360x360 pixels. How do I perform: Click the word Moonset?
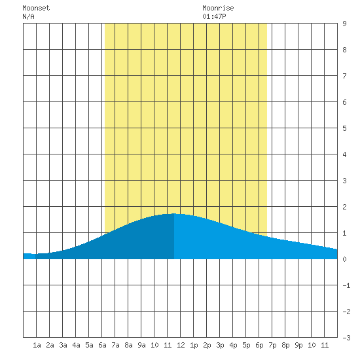36,8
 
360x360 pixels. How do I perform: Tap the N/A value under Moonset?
28,16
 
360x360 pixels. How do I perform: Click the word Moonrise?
218,8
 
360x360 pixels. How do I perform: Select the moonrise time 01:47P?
214,16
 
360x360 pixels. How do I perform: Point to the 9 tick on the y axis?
344,24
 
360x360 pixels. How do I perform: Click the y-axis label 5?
344,128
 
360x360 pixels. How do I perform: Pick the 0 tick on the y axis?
344,259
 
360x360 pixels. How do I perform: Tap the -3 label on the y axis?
346,338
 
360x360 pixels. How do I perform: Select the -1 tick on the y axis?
346,285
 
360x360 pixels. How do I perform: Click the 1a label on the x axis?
37,345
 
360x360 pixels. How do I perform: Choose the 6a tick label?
102,345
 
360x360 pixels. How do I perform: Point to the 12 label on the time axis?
181,345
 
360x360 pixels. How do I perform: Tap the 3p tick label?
220,345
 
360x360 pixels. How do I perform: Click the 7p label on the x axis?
272,345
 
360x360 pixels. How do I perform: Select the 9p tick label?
298,345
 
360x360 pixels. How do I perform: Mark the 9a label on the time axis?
141,345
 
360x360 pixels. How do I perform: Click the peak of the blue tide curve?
174,214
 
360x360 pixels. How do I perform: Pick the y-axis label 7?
344,76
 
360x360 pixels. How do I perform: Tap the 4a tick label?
76,345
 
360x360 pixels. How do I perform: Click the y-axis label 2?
344,207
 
